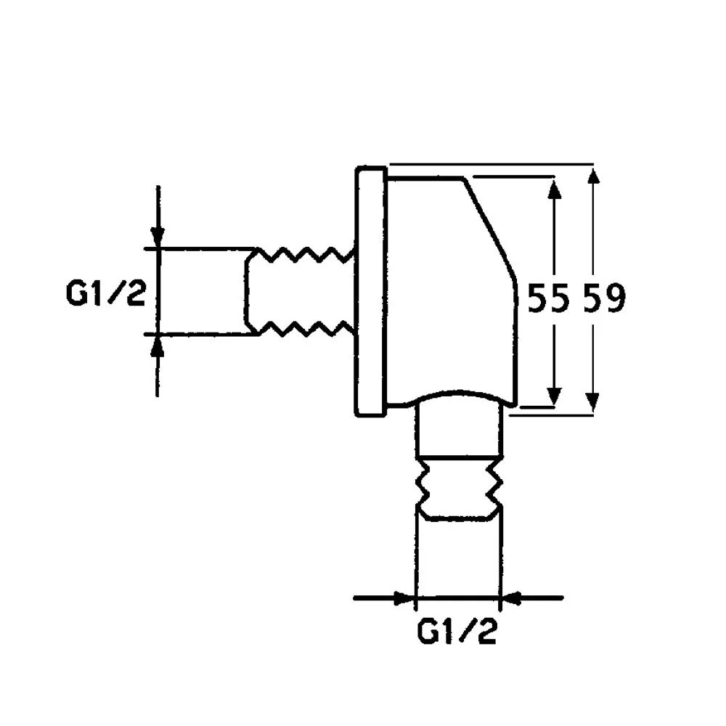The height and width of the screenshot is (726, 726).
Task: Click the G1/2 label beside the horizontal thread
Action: (106, 295)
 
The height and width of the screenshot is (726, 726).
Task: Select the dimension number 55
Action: (547, 298)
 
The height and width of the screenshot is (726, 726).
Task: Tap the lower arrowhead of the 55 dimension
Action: (554, 396)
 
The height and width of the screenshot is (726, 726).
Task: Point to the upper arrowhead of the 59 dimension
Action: (594, 177)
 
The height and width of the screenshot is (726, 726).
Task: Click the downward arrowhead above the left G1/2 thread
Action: (158, 237)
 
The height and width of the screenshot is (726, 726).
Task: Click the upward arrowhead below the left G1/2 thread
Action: (158, 346)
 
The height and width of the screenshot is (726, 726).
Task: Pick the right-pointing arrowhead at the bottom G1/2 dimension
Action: (402, 598)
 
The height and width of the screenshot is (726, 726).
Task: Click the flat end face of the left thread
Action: (246, 291)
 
